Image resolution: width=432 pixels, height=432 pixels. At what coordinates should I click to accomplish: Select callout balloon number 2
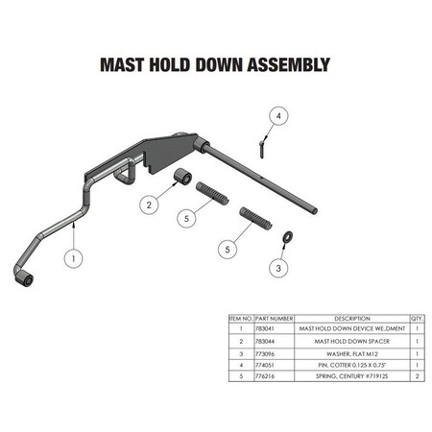149,204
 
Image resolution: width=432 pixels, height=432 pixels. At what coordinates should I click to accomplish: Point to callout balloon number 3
278,269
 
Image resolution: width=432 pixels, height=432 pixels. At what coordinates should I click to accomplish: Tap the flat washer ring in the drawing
286,236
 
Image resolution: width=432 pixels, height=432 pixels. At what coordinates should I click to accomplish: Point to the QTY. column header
416,316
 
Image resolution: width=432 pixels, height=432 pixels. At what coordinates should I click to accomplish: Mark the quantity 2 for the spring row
416,378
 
